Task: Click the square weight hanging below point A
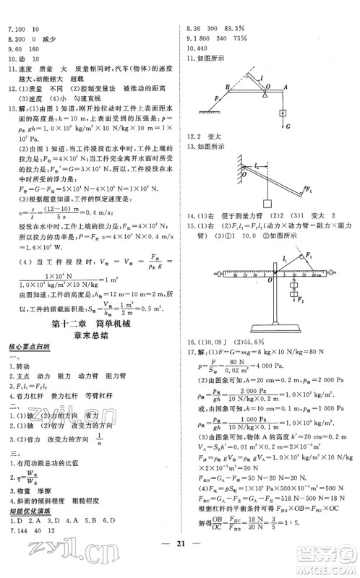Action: click(x=283, y=108)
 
